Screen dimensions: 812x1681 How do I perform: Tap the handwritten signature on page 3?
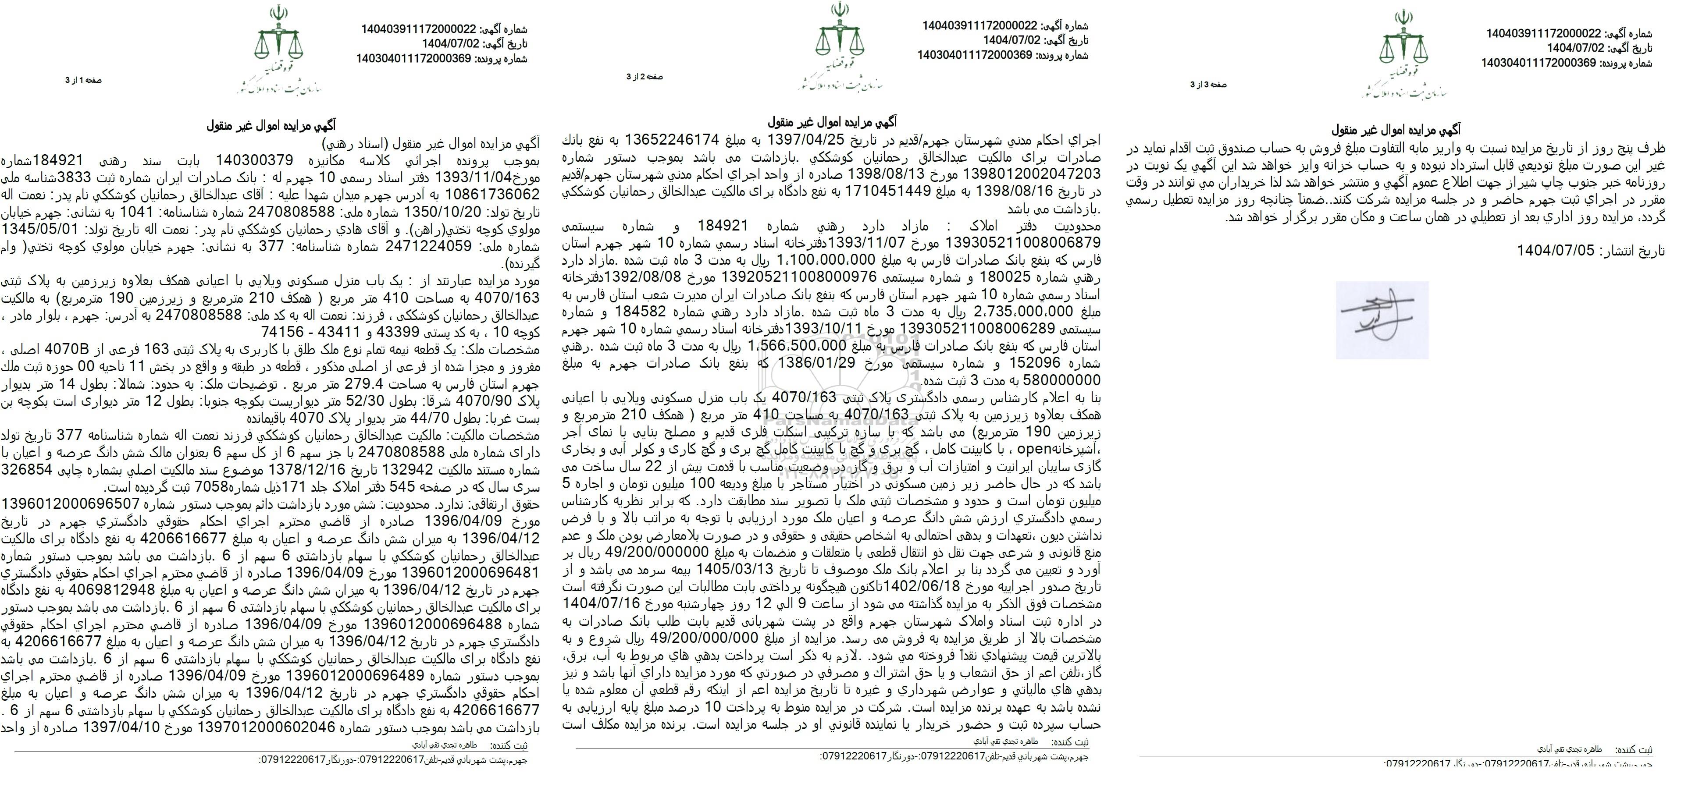(x=1382, y=319)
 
